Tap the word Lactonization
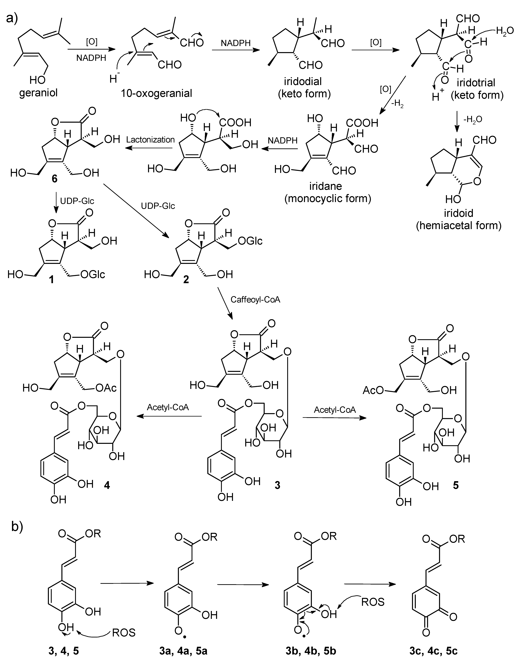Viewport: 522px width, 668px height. (x=150, y=140)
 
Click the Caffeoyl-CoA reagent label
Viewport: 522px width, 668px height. (x=255, y=300)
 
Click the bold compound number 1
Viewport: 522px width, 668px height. (x=51, y=279)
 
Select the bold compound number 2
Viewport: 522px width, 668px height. (x=186, y=279)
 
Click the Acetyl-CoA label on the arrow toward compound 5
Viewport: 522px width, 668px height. (x=335, y=410)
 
